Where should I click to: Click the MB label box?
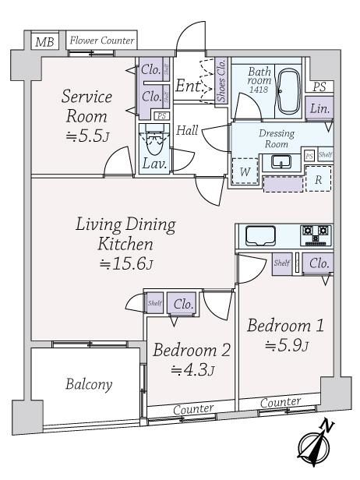(x=44, y=41)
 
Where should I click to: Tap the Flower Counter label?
(x=101, y=41)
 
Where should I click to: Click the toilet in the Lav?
(x=154, y=142)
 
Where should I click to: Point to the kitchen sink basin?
(x=260, y=235)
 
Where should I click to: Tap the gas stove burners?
(x=316, y=235)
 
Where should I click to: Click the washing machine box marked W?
(x=245, y=171)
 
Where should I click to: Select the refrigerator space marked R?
(x=318, y=179)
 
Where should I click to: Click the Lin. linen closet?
(x=319, y=108)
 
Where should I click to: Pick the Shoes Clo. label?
(x=221, y=80)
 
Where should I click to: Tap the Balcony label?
(x=89, y=384)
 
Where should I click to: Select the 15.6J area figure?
(x=126, y=263)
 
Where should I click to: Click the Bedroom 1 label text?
(x=285, y=326)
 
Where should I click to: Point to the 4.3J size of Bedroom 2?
(x=192, y=370)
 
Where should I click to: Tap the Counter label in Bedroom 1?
(x=281, y=402)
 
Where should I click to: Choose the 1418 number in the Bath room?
(x=259, y=90)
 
